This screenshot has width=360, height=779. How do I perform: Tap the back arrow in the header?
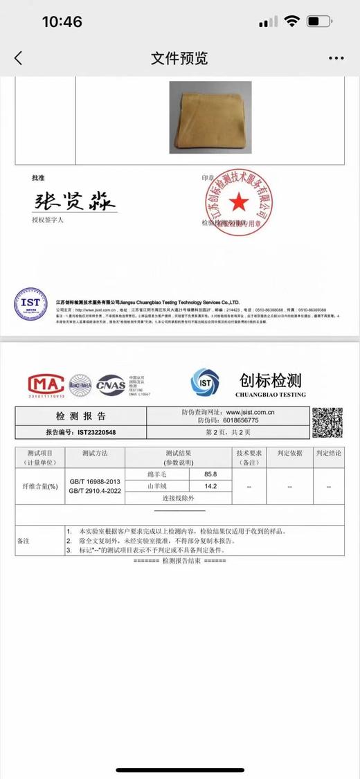click(x=19, y=58)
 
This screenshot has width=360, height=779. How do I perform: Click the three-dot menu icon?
click(x=336, y=58)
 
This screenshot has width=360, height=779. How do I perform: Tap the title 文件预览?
click(x=179, y=58)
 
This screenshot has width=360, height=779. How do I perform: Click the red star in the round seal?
click(x=238, y=202)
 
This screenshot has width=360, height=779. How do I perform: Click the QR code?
click(x=327, y=422)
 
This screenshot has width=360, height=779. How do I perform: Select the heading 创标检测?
click(x=270, y=380)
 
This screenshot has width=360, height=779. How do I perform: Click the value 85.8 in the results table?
click(x=210, y=474)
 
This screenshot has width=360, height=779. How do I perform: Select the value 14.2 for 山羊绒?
click(x=210, y=486)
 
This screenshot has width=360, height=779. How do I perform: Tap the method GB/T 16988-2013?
click(x=95, y=481)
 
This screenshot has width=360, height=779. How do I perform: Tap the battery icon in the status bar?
click(x=318, y=22)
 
